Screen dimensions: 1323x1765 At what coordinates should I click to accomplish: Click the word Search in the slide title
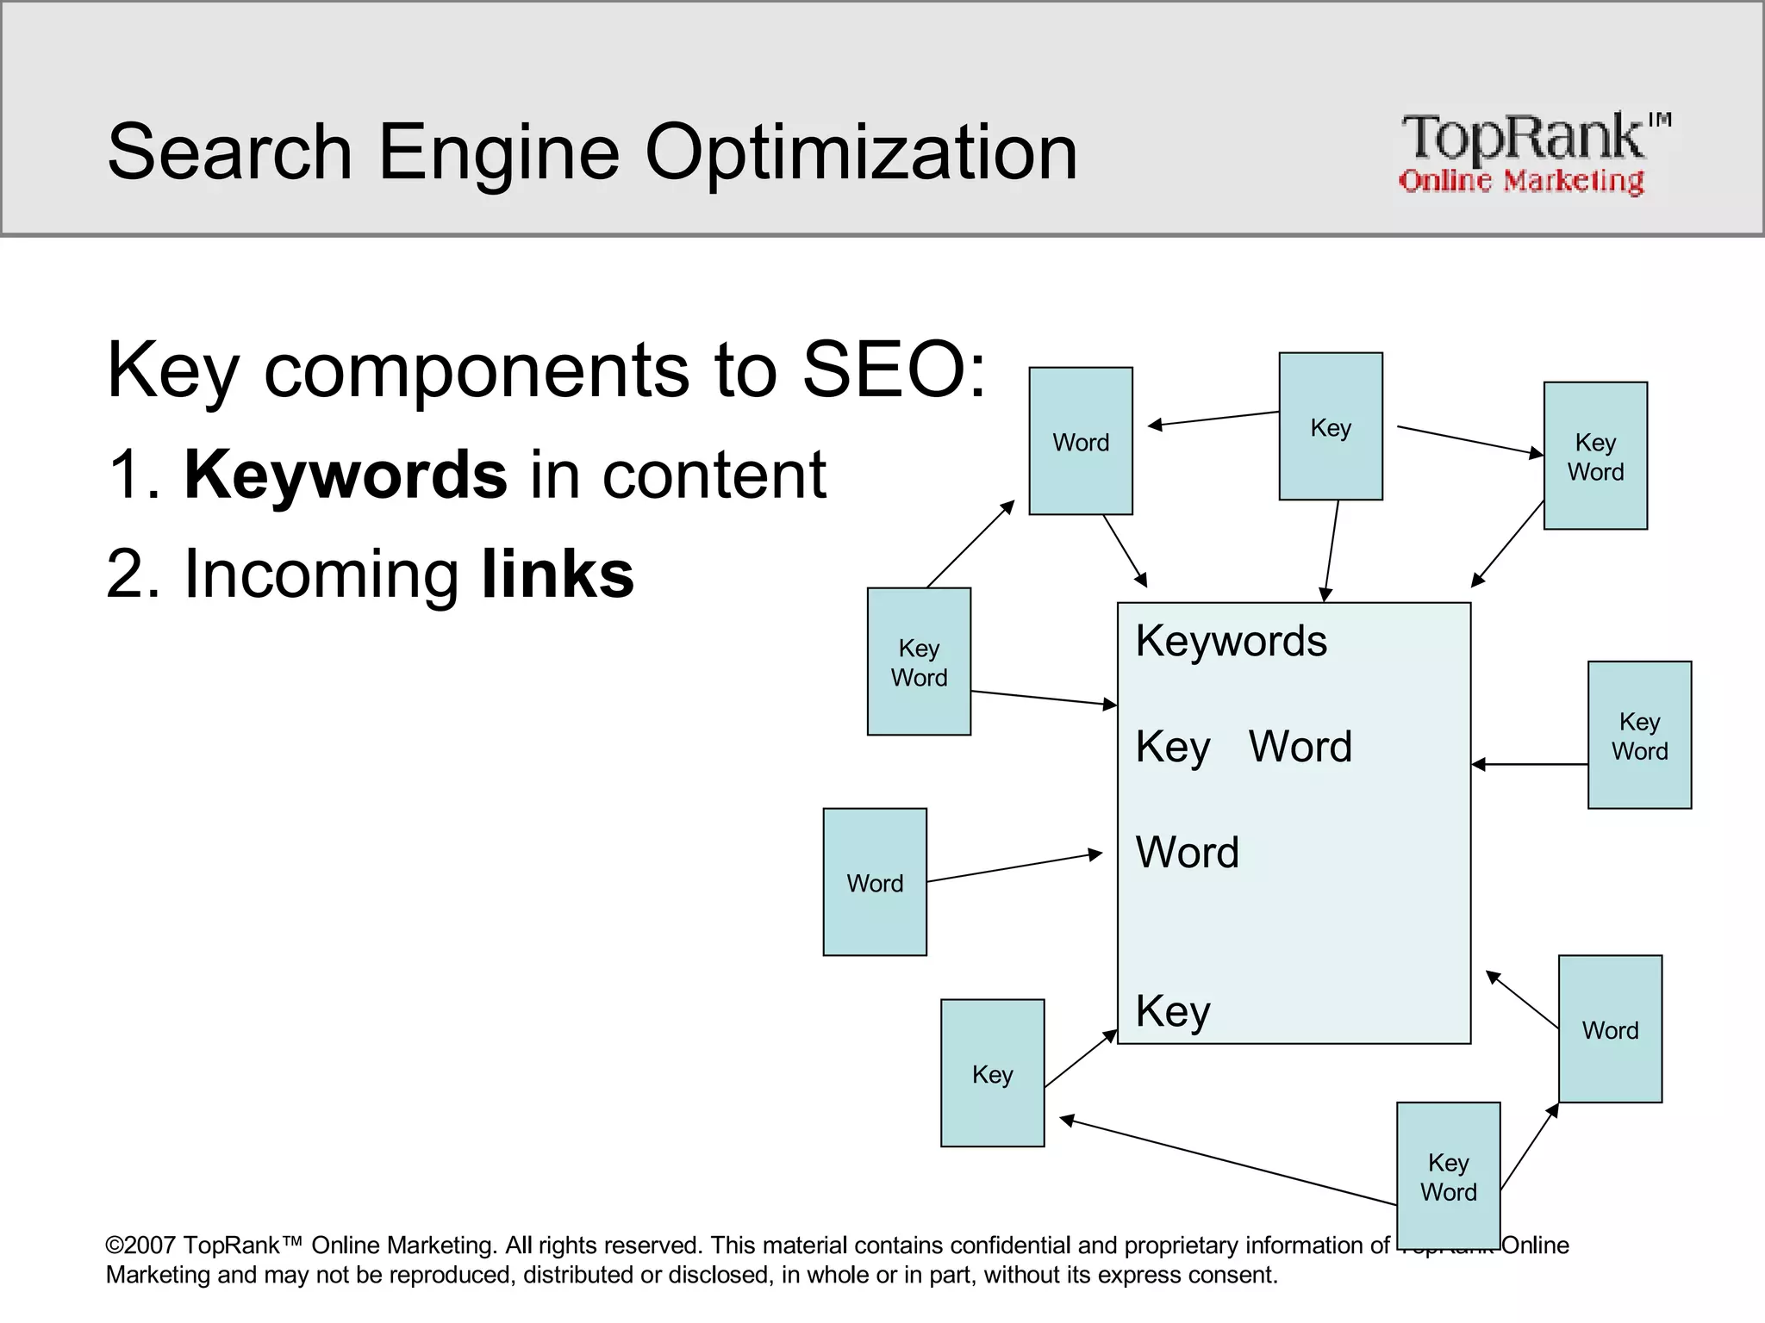pos(229,152)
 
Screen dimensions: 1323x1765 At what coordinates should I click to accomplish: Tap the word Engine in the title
pos(499,152)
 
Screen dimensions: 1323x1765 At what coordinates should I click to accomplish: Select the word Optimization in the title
pos(861,152)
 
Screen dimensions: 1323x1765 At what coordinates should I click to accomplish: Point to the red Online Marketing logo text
pos(1521,181)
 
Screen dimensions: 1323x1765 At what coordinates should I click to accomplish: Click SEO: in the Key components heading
pos(894,370)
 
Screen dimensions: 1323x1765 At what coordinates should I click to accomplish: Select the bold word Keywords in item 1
pos(346,475)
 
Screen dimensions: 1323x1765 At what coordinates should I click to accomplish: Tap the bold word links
pos(558,575)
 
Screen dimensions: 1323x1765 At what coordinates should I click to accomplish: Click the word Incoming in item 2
pos(321,575)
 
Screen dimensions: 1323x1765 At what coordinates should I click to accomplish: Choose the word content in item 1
pos(714,475)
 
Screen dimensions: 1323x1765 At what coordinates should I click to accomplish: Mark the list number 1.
pos(129,475)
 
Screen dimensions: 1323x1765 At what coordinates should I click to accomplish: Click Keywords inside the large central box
pos(1231,641)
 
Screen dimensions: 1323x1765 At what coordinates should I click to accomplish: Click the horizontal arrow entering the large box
pos(1529,764)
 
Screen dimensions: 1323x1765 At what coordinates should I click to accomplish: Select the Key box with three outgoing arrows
pos(1330,426)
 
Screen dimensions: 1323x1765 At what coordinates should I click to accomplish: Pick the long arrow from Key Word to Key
pos(1227,1161)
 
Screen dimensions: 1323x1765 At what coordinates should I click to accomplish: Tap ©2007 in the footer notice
pos(141,1245)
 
